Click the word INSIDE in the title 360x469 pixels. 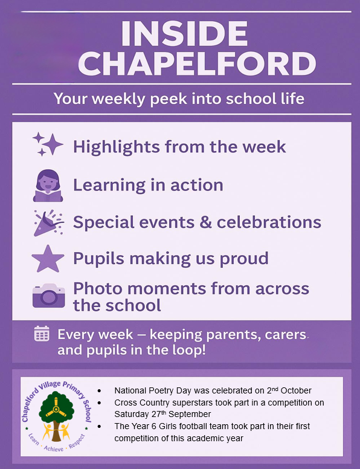point(184,33)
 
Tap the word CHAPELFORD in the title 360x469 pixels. point(197,63)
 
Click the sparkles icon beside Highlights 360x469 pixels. point(48,144)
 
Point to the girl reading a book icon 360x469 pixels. point(48,186)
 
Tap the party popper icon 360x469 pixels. point(48,223)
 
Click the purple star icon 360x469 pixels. point(48,259)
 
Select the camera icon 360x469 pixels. point(49,296)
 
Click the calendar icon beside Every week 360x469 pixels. point(42,334)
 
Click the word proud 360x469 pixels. point(244,259)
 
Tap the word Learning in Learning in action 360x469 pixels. point(109,186)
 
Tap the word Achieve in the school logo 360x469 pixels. point(54,448)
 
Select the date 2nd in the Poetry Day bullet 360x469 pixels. point(272,390)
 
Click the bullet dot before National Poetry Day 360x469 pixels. point(99,391)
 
